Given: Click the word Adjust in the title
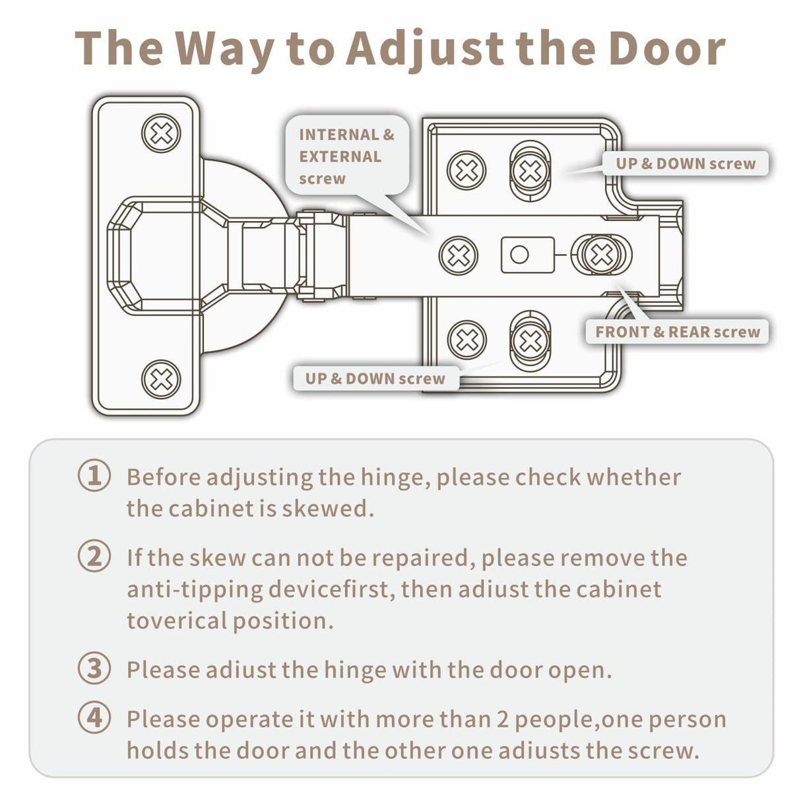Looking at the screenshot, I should point(425,48).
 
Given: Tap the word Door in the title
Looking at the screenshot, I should point(666,48).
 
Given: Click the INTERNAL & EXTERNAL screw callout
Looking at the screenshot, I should point(347,156).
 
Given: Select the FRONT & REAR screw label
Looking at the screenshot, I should point(678,332).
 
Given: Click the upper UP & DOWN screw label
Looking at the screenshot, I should point(686,164).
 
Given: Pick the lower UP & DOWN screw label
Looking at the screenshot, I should point(375,379).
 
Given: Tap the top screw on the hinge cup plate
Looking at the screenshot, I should point(161,133).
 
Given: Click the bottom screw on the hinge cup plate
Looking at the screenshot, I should point(161,379).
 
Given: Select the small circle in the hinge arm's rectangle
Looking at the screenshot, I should point(519,255).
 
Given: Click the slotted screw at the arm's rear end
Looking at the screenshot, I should point(601,254).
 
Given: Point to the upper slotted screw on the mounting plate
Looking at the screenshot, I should point(530,170).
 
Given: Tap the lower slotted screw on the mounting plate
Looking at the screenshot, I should point(530,340).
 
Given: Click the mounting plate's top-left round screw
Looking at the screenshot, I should point(466,170).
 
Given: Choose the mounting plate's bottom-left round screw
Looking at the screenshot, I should point(466,340).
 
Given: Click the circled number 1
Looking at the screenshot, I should point(94,476).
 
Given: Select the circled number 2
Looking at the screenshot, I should point(94,557).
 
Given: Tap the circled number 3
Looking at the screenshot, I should point(94,668).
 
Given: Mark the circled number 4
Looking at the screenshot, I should point(94,718).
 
